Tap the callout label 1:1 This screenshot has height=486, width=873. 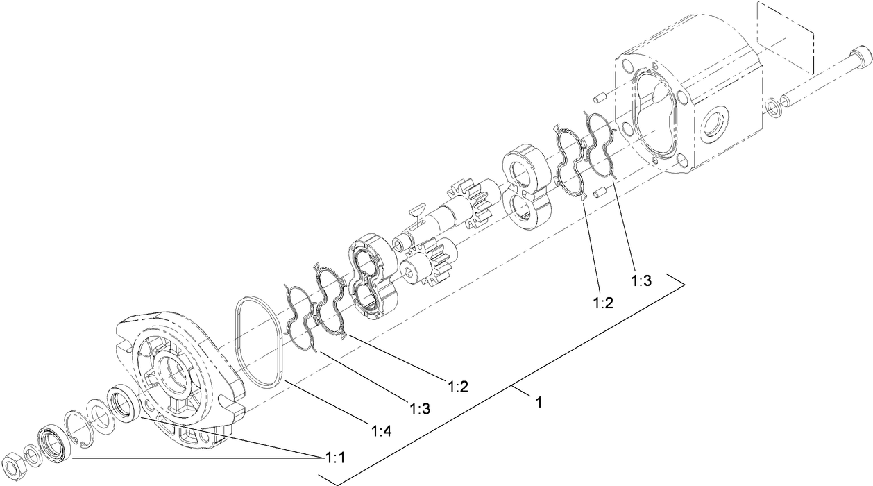click(335, 459)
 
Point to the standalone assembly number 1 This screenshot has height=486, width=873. click(538, 401)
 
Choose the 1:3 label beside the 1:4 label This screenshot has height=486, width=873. click(420, 409)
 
